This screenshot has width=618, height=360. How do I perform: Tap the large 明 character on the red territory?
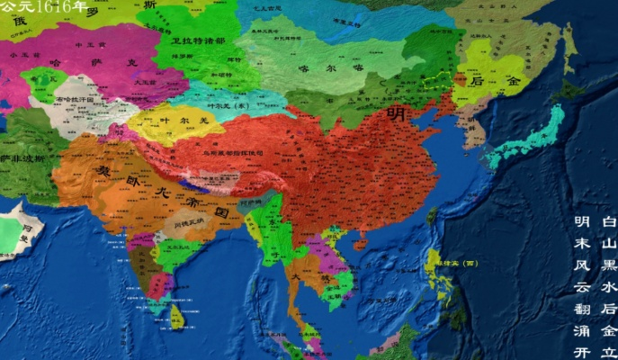pos(394,114)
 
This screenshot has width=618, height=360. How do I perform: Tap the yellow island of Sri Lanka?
pos(177,315)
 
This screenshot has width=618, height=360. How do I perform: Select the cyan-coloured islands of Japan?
pos(531,135)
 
